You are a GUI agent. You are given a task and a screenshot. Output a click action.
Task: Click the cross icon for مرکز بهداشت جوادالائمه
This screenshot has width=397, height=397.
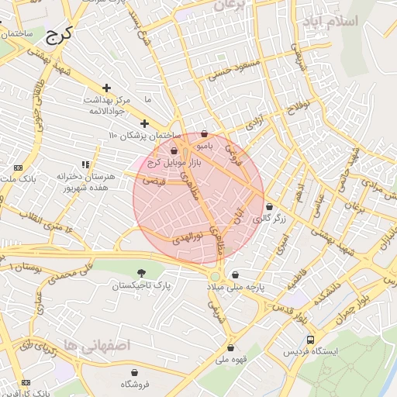pos(106,88)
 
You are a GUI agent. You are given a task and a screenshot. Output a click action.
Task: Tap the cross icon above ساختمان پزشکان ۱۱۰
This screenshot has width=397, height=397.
pos(143,123)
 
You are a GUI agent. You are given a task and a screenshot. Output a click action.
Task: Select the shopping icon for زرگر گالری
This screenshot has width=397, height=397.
pos(269,207)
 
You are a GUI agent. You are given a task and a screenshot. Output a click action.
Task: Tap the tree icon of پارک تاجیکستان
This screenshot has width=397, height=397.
pos(141,273)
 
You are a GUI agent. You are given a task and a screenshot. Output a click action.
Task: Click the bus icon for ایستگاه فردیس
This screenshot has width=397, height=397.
pos(311,340)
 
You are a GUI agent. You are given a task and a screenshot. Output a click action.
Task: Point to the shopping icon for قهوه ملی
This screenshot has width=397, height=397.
pos(230,347)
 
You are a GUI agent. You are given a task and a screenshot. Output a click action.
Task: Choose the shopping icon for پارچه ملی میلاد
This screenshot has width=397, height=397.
pos(234,274)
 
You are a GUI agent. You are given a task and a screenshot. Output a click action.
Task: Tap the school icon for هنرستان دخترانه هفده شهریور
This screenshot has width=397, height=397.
pos(85,164)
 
